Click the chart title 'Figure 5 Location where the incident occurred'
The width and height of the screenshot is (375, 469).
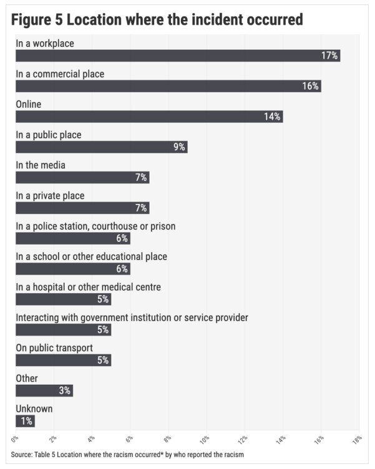(157, 19)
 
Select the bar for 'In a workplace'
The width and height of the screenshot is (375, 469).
(177, 56)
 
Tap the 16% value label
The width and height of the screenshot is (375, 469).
(310, 86)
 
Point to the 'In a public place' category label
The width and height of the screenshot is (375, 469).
(48, 135)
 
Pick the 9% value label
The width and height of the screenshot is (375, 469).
(179, 147)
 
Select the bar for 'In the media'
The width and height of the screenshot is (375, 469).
(82, 177)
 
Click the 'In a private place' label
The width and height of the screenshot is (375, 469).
(50, 196)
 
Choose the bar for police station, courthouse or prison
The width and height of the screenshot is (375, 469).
(72, 238)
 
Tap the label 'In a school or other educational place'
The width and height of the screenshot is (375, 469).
(91, 256)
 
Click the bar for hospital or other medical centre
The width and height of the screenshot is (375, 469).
(63, 299)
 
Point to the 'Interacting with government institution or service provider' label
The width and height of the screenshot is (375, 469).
(132, 317)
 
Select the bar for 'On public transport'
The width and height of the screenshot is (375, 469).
(63, 360)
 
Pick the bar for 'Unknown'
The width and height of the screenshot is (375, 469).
(25, 421)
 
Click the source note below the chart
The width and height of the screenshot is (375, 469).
(127, 454)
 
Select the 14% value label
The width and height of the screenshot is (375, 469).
(272, 117)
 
